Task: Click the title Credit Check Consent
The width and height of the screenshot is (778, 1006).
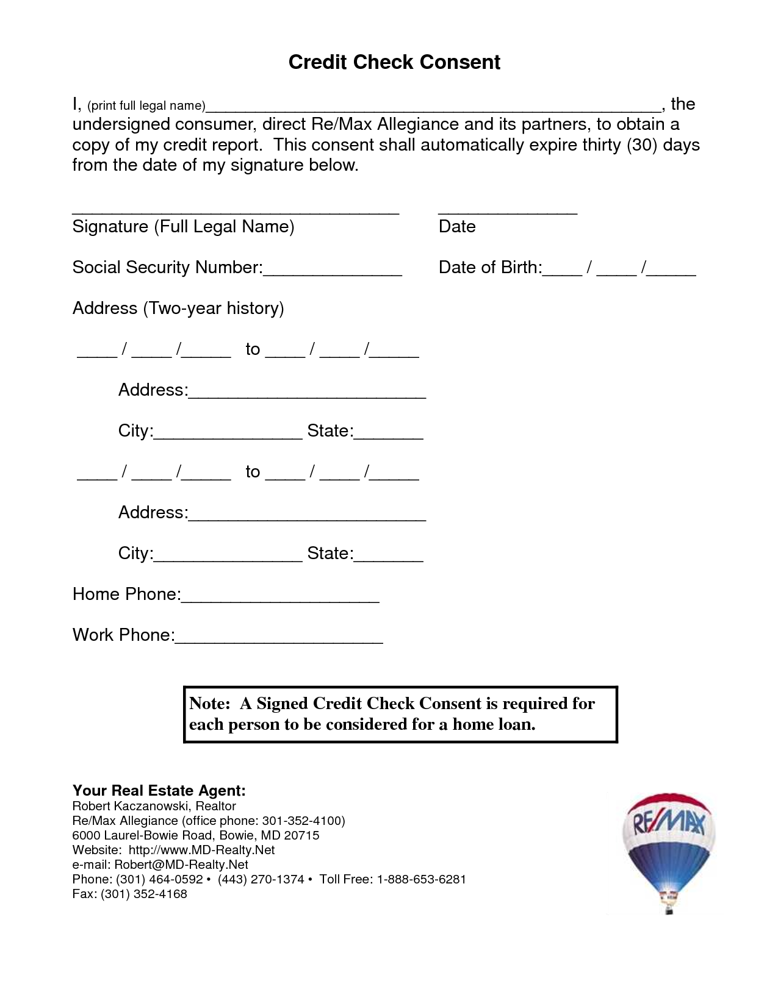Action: click(394, 62)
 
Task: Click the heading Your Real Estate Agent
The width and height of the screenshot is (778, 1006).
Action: click(159, 791)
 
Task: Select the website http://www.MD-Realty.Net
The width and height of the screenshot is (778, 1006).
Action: click(201, 850)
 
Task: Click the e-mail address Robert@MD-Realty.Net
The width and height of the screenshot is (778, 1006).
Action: click(181, 865)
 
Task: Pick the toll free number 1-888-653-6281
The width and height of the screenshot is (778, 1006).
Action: click(421, 879)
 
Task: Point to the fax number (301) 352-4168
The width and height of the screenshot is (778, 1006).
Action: click(144, 894)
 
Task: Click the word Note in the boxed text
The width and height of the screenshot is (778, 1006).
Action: click(207, 704)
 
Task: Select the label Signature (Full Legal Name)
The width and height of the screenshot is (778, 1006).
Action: click(183, 227)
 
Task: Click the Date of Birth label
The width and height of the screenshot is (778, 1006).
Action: click(489, 268)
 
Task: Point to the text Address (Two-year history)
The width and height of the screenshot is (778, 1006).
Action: click(178, 309)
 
